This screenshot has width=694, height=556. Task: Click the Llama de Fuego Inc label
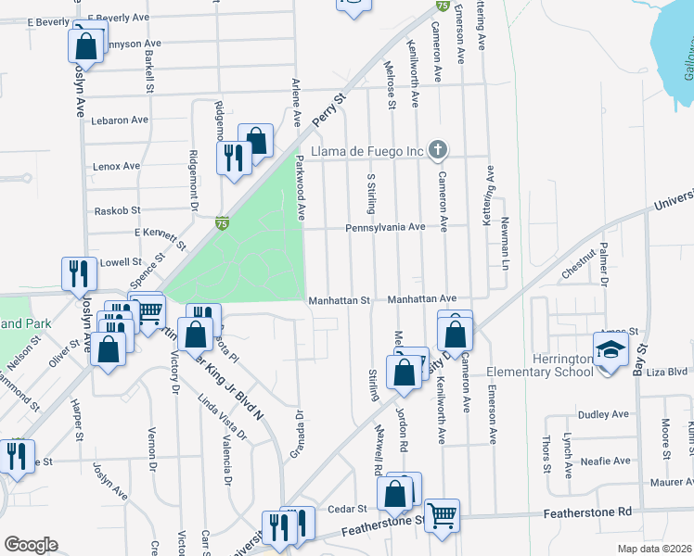click(x=368, y=150)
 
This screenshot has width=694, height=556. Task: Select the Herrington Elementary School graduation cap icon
click(x=611, y=349)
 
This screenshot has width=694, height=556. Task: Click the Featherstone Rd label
click(x=600, y=512)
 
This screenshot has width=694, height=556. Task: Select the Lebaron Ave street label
click(x=120, y=120)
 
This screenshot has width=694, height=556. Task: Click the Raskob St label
click(x=117, y=211)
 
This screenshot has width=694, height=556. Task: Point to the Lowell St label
click(x=120, y=262)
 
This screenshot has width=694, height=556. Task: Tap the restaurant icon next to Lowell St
click(x=77, y=273)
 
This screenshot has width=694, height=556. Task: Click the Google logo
click(x=31, y=545)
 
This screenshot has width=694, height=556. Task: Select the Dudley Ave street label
click(x=603, y=414)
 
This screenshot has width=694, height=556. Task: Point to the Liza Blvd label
click(x=665, y=371)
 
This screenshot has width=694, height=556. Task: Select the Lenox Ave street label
click(x=117, y=166)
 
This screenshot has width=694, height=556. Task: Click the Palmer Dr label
click(x=603, y=263)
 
